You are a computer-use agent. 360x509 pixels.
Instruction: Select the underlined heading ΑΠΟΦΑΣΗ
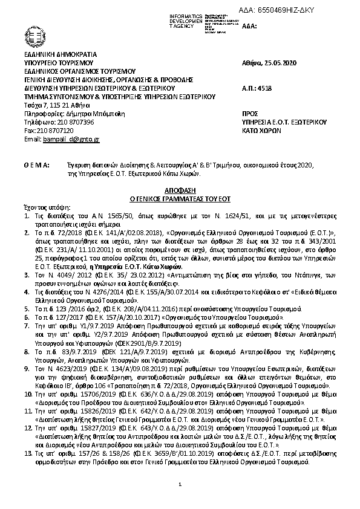point(178,190)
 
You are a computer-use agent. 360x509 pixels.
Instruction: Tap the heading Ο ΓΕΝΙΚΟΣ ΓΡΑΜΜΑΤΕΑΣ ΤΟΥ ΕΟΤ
point(178,198)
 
